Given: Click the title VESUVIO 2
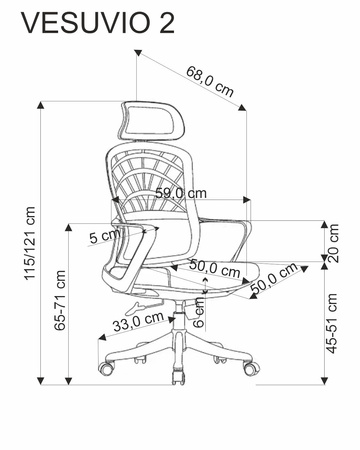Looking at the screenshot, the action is (x=98, y=23).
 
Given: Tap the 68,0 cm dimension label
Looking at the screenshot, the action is (x=210, y=81).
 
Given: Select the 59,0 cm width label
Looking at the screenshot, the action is (x=182, y=193).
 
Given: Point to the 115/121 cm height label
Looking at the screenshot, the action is (x=30, y=243).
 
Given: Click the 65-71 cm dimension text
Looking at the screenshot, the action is (x=60, y=300).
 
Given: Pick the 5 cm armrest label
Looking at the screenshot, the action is (x=104, y=236).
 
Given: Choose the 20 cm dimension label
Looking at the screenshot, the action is (x=333, y=243).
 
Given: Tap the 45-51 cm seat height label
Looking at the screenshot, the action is (x=332, y=323).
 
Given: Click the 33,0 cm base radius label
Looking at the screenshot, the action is (x=138, y=321).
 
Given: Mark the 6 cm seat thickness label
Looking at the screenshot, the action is (x=199, y=312).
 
